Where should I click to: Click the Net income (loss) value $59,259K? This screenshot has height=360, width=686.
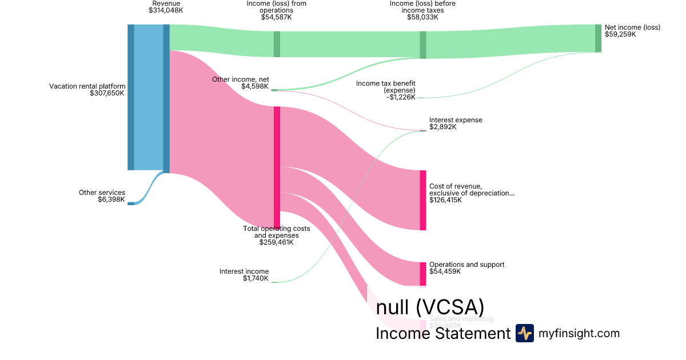(x=620, y=34)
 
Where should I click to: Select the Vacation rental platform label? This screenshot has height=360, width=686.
(x=87, y=86)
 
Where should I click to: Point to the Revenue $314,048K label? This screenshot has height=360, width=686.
(x=166, y=7)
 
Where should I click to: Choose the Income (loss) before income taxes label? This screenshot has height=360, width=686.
(x=422, y=6)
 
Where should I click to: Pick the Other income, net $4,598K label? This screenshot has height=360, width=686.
(x=240, y=83)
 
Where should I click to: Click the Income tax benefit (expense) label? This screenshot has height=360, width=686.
(x=386, y=90)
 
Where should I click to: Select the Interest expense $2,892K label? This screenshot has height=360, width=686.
(x=456, y=123)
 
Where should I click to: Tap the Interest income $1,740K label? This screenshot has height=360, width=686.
(x=244, y=275)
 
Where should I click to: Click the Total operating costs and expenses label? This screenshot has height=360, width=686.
(x=277, y=235)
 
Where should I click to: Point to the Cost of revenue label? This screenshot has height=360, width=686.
(x=471, y=193)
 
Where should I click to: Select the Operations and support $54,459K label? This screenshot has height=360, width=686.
(x=466, y=268)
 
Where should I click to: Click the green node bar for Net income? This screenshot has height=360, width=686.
(x=598, y=38)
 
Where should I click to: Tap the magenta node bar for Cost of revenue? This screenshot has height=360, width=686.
(x=423, y=200)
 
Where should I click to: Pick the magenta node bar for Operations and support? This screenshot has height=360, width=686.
(x=423, y=274)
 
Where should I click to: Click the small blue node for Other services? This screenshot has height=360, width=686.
(x=131, y=203)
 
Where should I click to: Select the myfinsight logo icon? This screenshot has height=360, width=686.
(x=524, y=333)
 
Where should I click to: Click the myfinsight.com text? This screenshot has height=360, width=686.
(x=579, y=333)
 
